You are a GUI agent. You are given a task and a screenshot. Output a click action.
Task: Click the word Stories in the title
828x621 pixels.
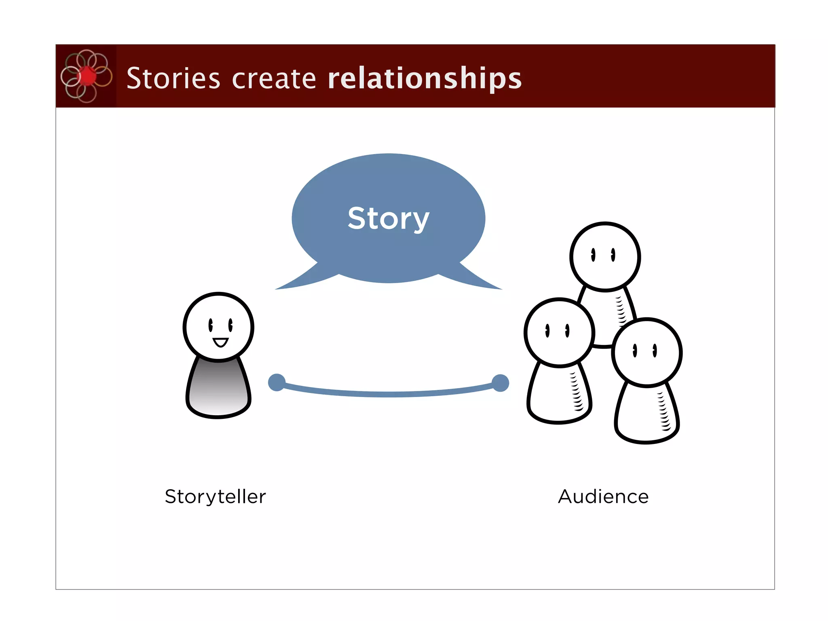tap(173, 78)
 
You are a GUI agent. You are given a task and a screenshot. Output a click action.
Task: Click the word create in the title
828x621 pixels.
tap(274, 78)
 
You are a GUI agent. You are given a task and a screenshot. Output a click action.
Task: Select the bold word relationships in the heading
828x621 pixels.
tap(425, 78)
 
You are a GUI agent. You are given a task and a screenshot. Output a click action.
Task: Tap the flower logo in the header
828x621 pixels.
tap(86, 76)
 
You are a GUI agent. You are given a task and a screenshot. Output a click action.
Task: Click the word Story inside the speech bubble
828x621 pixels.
tap(388, 219)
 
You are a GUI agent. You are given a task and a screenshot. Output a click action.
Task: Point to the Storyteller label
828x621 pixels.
tap(215, 496)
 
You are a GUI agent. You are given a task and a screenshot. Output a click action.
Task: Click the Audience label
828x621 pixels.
tap(603, 496)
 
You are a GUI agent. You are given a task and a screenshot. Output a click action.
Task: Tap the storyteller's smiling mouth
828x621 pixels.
tap(221, 343)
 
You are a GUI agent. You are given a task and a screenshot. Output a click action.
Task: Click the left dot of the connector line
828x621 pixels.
tap(277, 382)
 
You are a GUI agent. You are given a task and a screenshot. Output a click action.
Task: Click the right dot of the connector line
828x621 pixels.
tap(501, 383)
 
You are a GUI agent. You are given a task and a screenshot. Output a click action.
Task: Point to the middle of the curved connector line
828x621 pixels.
tap(388, 394)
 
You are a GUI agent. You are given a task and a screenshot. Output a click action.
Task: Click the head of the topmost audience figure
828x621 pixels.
tap(605, 257)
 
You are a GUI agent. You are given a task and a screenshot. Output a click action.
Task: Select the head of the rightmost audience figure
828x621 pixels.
tap(647, 352)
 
